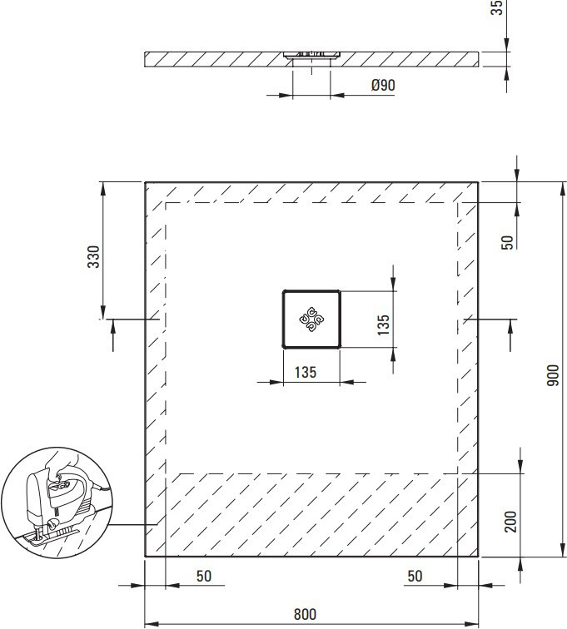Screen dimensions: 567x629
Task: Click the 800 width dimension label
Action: [306, 614]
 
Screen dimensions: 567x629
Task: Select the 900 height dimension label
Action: [553, 375]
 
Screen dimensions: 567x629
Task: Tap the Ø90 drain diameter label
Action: [383, 85]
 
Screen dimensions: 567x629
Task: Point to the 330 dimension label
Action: [93, 257]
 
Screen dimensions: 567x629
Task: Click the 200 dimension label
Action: [510, 522]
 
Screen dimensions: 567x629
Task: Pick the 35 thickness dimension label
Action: [497, 7]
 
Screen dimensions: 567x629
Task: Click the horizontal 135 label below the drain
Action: [306, 372]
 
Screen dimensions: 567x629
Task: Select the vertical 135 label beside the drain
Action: [384, 324]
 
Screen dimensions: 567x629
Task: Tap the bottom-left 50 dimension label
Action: [204, 576]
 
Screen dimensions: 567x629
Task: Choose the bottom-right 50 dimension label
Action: [415, 576]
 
